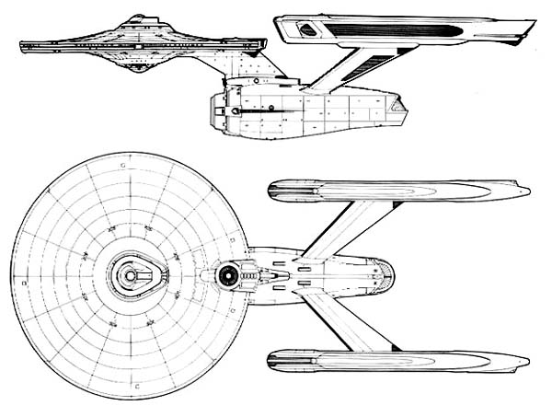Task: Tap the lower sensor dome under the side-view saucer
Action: click(x=140, y=66)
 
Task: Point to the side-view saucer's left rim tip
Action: click(x=20, y=41)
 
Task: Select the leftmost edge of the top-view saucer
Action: click(x=13, y=274)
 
